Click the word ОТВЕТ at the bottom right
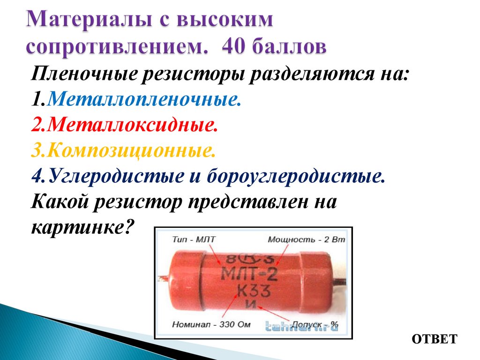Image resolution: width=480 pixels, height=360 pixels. click(x=435, y=339)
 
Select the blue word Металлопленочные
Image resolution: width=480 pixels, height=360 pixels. click(x=144, y=99)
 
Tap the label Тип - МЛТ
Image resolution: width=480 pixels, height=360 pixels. click(x=194, y=240)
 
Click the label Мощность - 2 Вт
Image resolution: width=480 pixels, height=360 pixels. click(x=306, y=240)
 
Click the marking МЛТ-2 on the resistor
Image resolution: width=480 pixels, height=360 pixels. click(x=251, y=272)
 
